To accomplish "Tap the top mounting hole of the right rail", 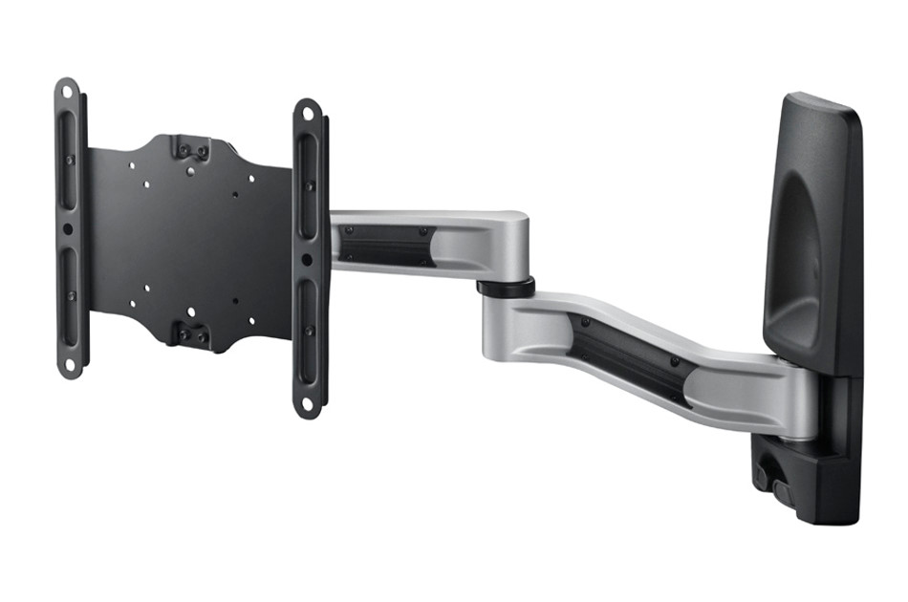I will [307, 113].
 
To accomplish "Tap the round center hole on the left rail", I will [68, 229].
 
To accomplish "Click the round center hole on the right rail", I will [307, 259].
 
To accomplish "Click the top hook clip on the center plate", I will [192, 149].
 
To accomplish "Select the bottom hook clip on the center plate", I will [192, 333].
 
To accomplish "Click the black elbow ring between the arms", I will [507, 287].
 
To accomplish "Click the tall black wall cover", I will [812, 229].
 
